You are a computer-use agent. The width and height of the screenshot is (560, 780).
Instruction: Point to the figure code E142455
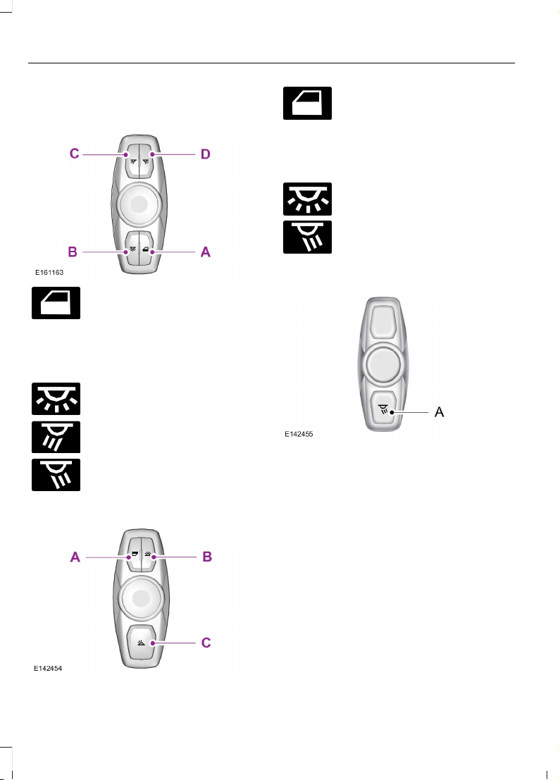[299, 435]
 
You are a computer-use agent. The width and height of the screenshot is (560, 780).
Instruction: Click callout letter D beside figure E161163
[205, 153]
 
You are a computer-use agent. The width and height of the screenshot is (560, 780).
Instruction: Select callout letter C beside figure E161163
[74, 153]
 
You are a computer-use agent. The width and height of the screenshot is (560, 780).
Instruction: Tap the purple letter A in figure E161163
[205, 250]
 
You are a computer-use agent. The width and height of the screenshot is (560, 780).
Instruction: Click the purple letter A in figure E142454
[74, 557]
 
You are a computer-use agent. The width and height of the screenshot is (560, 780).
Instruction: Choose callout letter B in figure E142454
[207, 557]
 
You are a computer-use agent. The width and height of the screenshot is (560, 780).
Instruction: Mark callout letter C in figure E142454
[206, 643]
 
